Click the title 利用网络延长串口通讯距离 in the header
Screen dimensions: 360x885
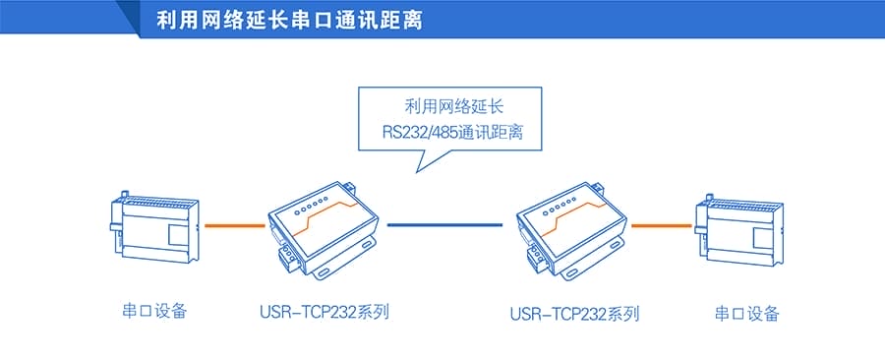pos(289,20)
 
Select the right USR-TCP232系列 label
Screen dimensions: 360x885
pos(575,315)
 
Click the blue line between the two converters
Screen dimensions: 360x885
pos(444,225)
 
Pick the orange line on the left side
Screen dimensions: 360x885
pos(234,225)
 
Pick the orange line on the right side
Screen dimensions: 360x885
pos(661,225)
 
